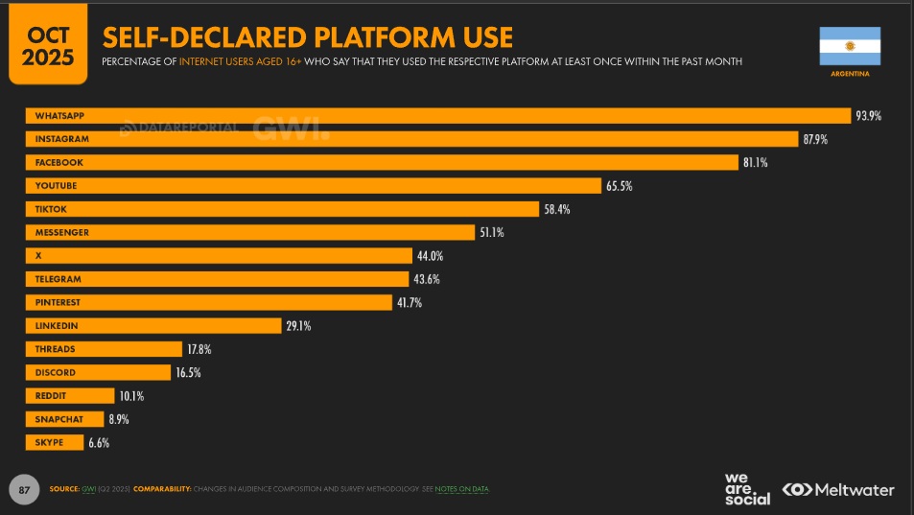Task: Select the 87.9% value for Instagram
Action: tap(814, 139)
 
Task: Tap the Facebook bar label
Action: tap(59, 163)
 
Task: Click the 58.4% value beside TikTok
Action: tap(557, 209)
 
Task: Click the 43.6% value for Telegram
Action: tap(428, 279)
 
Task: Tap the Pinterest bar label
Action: tap(58, 302)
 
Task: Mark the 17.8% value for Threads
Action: tap(199, 349)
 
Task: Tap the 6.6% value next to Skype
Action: tap(100, 442)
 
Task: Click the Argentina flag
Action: tap(849, 46)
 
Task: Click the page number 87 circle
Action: tap(25, 489)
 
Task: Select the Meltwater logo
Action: tap(838, 489)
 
